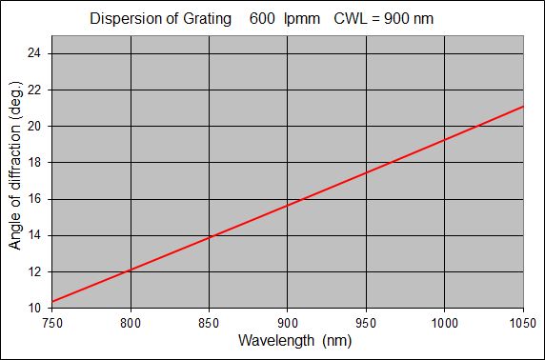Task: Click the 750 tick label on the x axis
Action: coord(52,323)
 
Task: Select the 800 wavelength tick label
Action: coord(131,323)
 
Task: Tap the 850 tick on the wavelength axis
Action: coord(209,323)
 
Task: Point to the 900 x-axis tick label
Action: coord(287,323)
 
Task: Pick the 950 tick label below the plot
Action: coord(366,323)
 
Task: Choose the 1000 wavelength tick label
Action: coord(444,323)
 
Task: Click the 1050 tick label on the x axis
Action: coord(522,323)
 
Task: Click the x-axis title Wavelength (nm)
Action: coord(287,341)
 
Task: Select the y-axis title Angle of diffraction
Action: coord(15,179)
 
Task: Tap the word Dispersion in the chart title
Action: coord(121,18)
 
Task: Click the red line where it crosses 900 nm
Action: coord(287,205)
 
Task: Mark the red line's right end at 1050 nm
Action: coord(523,106)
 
